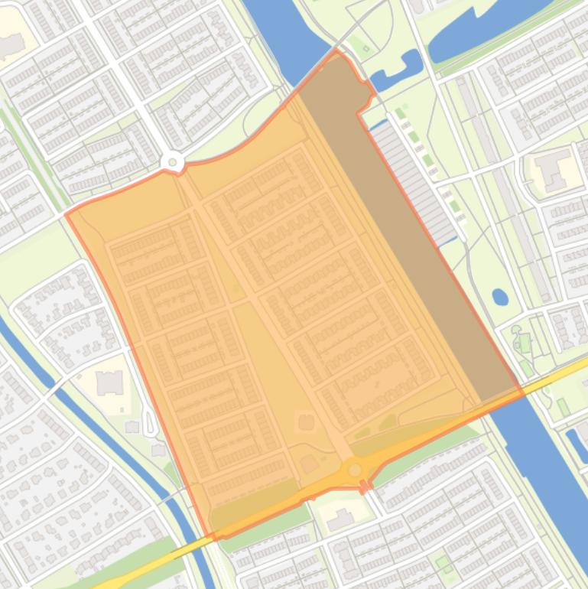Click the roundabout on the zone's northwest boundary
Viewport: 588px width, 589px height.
point(173,161)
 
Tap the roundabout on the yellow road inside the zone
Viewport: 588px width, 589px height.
point(354,469)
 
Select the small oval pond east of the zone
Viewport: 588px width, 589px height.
point(499,296)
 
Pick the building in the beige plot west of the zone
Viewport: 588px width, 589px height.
point(109,382)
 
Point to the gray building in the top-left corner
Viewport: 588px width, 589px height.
point(11,46)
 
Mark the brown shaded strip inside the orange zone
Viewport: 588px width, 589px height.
point(405,229)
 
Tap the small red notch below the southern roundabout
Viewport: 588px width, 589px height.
point(365,486)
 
